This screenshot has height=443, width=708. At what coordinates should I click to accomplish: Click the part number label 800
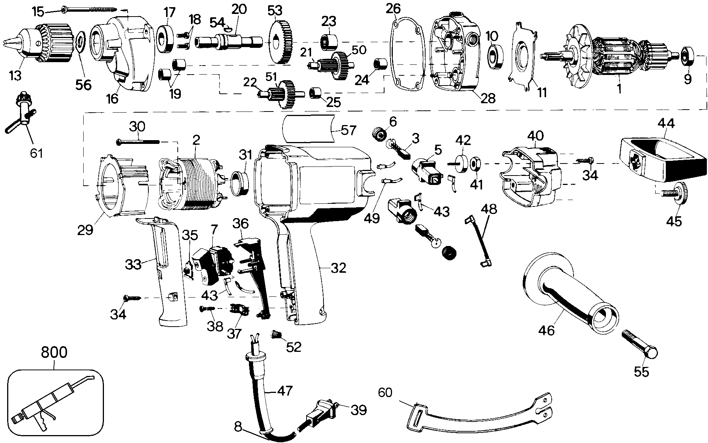point(54,353)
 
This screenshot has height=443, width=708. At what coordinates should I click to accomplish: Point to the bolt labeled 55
point(640,344)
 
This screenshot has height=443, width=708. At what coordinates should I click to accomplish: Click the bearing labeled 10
point(496,58)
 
